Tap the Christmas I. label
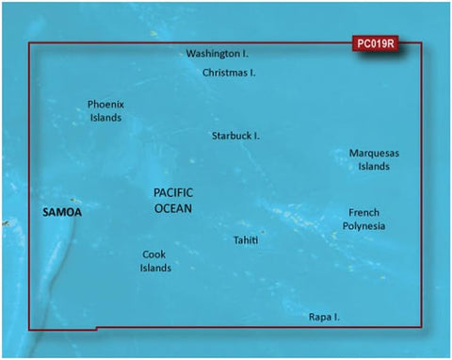[230, 72]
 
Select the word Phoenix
[105, 105]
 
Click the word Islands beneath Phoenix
[105, 118]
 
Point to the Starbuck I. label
[235, 136]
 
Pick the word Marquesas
[374, 153]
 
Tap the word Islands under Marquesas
[374, 167]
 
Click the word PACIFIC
[173, 192]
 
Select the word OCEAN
[173, 207]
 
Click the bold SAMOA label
[63, 213]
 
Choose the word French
[363, 213]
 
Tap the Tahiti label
[246, 241]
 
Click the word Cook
[154, 254]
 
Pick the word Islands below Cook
[155, 268]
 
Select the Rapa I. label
[323, 318]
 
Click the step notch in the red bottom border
[92, 329]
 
